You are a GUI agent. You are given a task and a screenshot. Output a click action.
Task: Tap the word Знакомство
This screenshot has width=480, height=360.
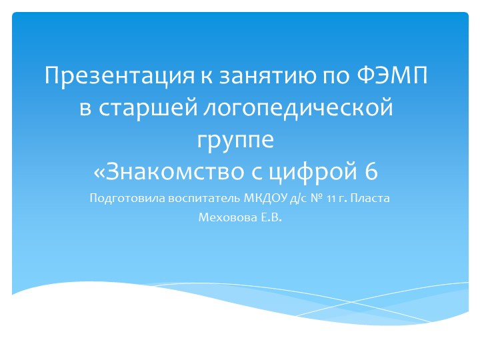coord(181,171)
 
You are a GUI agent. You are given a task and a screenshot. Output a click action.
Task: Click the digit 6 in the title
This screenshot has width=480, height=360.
coord(371,171)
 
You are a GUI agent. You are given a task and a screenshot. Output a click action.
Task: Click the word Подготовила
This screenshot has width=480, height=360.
coord(120,199)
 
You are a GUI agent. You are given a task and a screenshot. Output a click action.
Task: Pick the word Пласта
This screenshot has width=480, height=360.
coord(369,198)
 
